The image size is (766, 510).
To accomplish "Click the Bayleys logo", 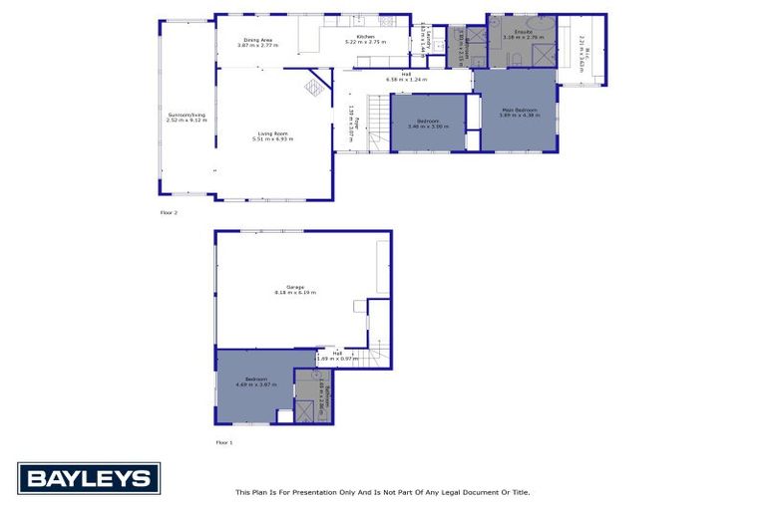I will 88,478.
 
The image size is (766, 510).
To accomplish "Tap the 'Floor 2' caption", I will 169,213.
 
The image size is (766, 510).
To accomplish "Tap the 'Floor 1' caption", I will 224,441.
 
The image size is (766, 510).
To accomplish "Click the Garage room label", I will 287,290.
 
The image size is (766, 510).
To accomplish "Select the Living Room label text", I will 272,136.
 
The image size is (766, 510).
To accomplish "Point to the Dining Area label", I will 255,42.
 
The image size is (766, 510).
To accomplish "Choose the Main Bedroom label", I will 520,112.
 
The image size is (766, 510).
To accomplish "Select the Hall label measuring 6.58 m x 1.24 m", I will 406,77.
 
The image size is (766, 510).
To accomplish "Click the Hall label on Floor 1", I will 336,356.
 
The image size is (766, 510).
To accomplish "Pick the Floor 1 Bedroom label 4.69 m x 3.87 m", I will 255,382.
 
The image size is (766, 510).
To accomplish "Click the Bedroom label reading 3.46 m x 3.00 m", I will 428,124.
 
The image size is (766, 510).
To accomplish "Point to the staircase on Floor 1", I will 377,353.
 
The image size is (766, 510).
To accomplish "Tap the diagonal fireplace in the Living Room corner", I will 315,88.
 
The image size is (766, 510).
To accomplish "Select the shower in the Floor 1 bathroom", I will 305,409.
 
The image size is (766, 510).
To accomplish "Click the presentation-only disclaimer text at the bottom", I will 382,492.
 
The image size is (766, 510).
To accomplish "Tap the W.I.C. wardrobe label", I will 586,49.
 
